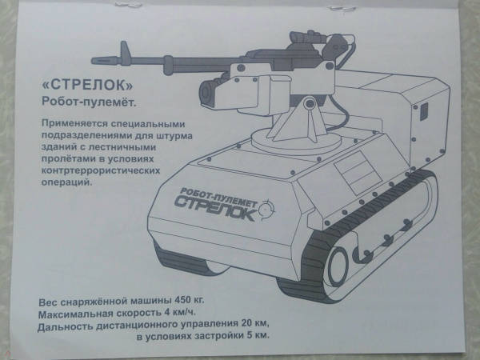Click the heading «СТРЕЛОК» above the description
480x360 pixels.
87,85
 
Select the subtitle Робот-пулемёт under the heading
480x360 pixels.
89,102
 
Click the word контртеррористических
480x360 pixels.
101,170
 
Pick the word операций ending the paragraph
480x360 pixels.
66,182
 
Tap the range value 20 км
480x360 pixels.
255,323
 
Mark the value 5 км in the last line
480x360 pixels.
258,335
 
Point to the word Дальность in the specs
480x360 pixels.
65,327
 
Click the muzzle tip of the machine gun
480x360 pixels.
93,60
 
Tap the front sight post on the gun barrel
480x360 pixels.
124,50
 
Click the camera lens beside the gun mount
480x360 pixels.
206,91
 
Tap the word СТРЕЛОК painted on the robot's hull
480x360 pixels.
216,207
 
